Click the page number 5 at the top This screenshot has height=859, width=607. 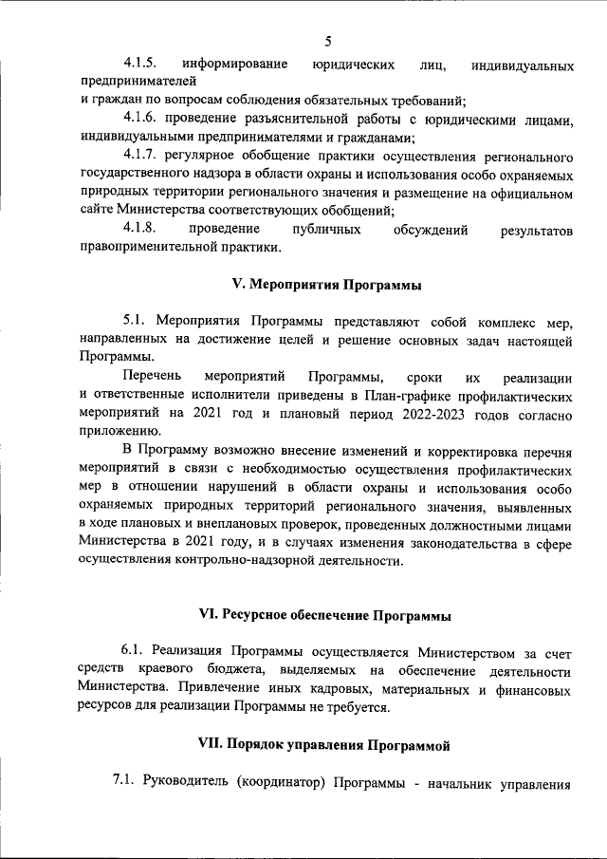328,41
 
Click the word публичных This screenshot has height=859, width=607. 327,230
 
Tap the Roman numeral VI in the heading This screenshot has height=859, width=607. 209,615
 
